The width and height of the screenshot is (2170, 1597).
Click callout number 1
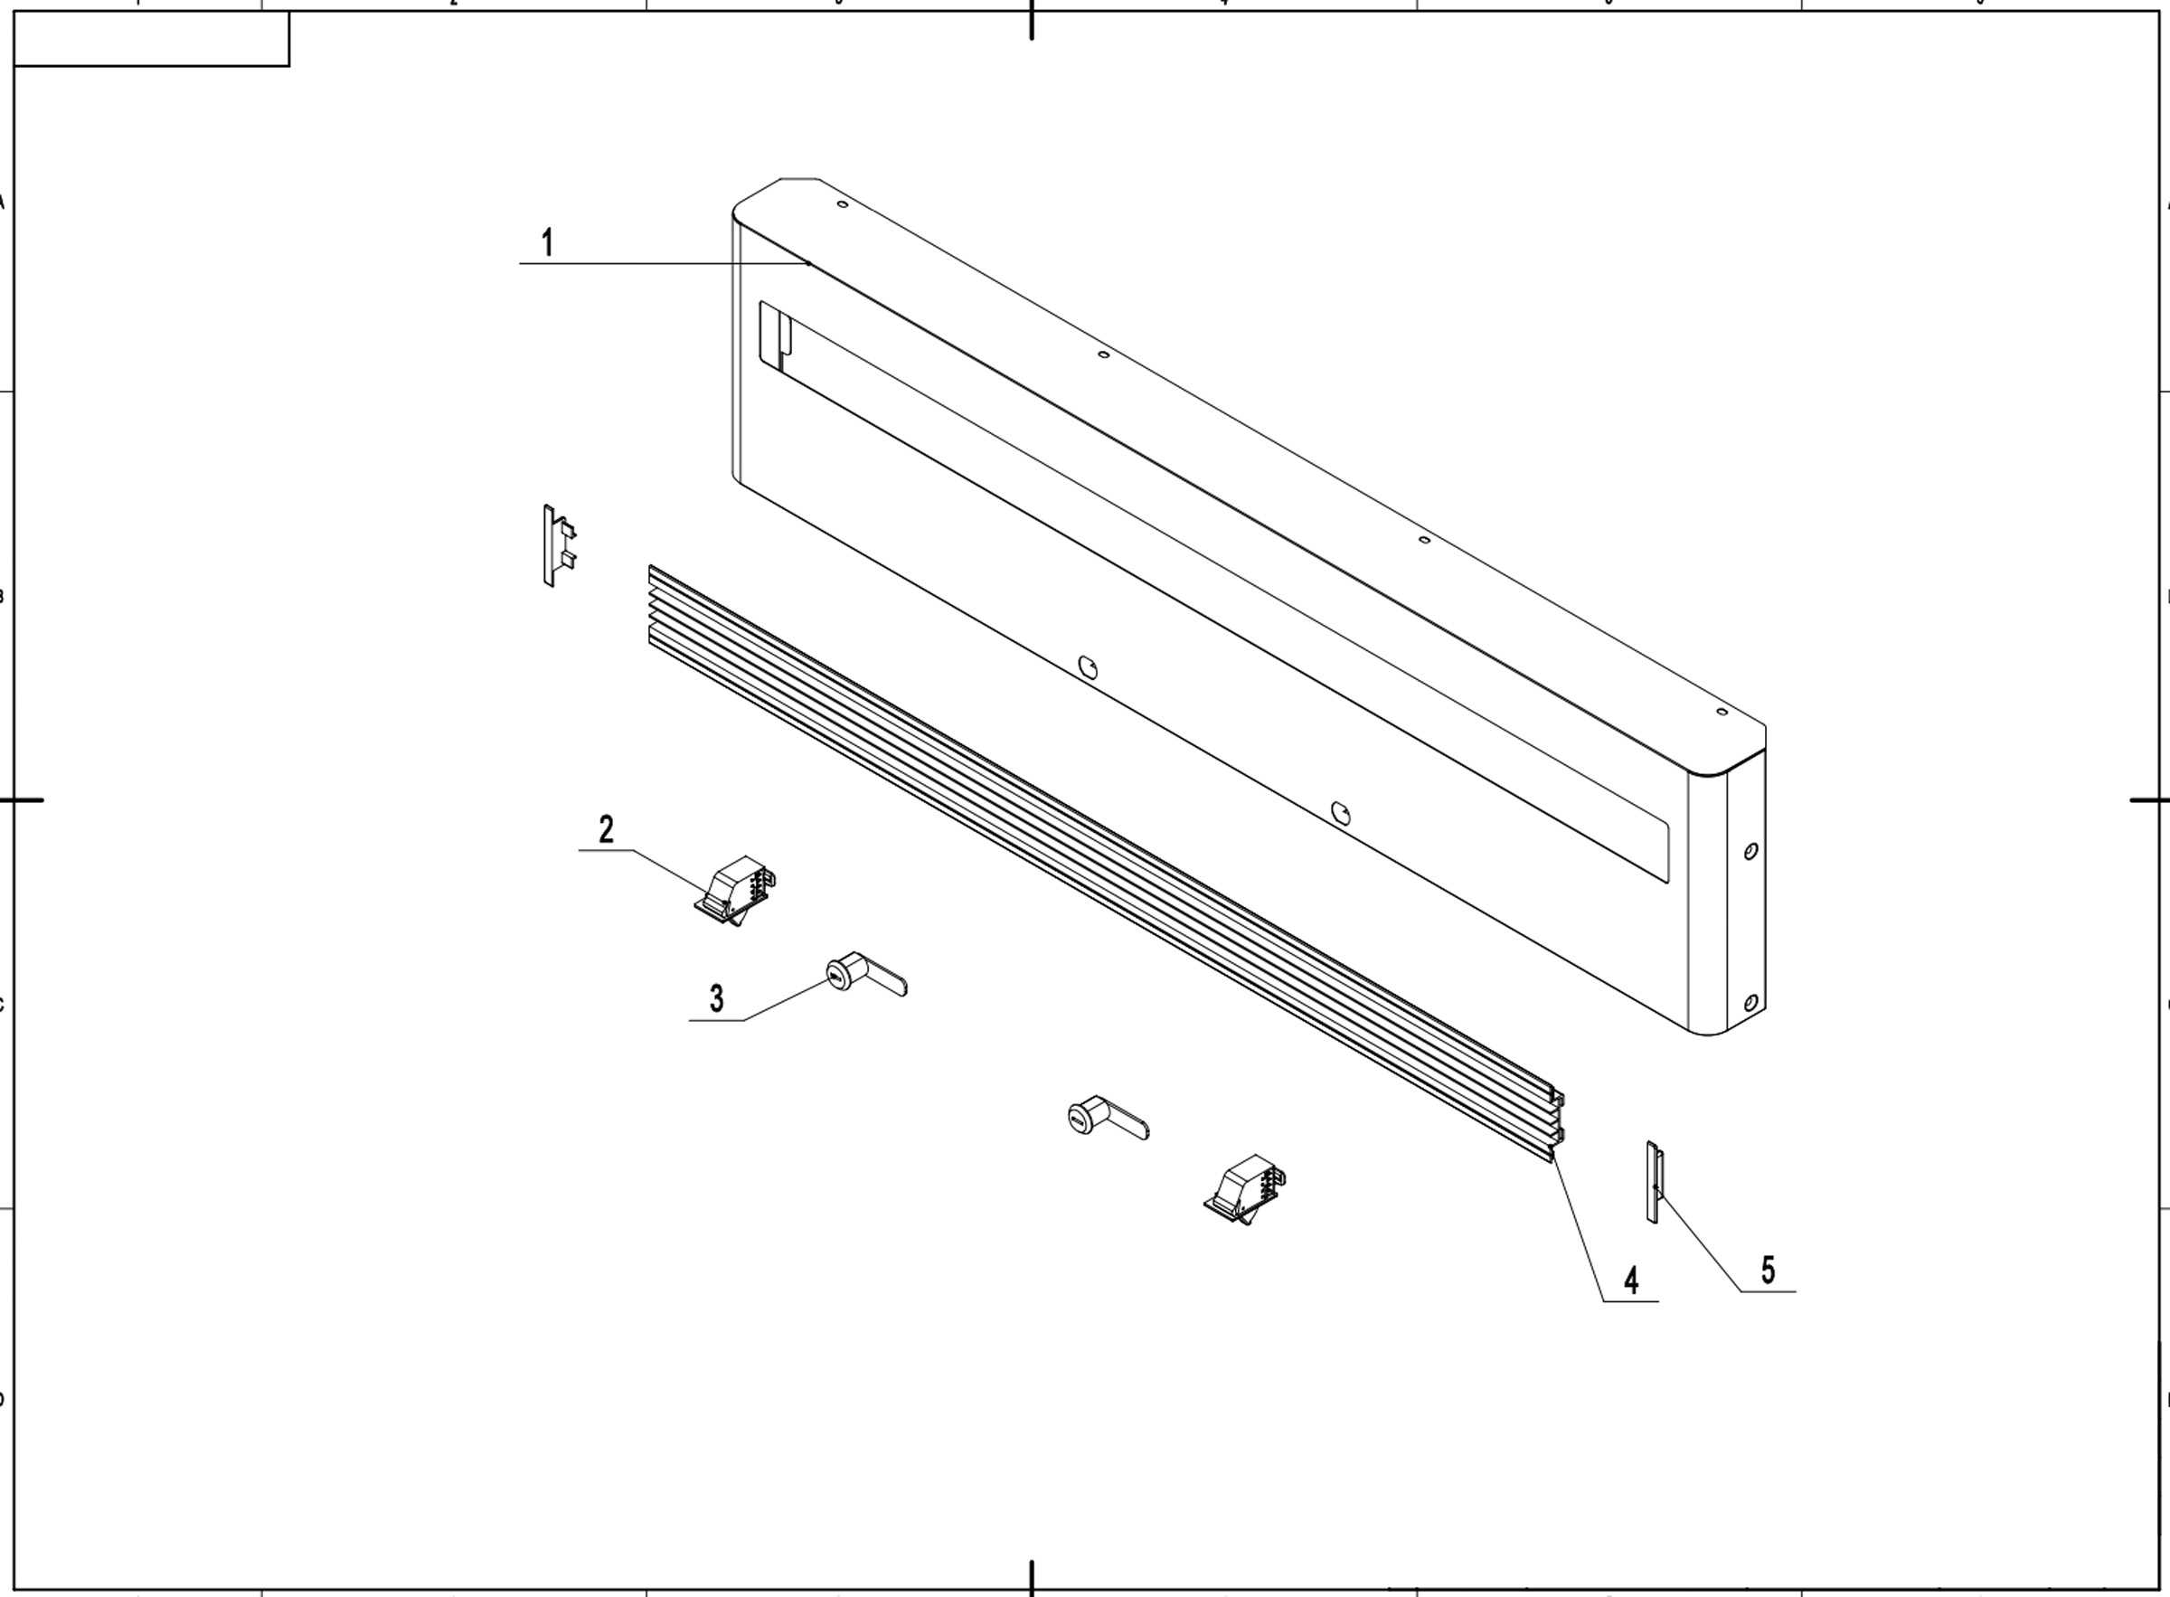547,241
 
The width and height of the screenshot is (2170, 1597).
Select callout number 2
606,829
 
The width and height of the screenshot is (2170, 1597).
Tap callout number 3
716,997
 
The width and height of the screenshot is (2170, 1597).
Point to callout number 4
1632,1280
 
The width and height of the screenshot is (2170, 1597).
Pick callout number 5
1768,1270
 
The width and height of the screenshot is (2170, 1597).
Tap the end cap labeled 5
1653,1181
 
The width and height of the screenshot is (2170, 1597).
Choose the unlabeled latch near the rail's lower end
1246,1189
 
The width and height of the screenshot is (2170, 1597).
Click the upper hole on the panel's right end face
1750,852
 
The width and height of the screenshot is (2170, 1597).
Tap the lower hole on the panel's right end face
1750,1004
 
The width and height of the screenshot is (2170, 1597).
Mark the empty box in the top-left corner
151,40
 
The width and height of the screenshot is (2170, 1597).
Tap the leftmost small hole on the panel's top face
842,204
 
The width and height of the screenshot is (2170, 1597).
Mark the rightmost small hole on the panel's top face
1722,713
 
